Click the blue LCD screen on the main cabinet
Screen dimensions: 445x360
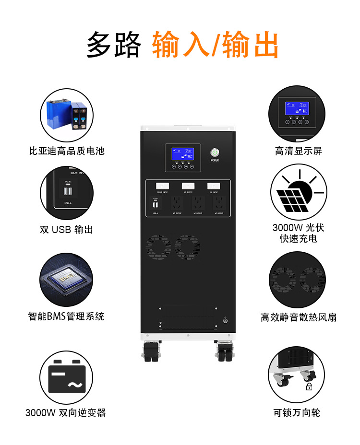(x=183, y=154)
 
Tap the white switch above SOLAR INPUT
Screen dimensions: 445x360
(x=162, y=186)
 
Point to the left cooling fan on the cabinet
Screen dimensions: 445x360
(x=158, y=247)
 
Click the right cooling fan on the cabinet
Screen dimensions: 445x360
(x=188, y=247)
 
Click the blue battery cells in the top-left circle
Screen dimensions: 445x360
(x=67, y=115)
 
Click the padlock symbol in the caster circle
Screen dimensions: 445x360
(x=309, y=386)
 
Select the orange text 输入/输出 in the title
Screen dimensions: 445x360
(x=216, y=46)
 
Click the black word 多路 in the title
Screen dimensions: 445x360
(x=114, y=46)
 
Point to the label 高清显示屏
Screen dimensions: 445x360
(x=298, y=151)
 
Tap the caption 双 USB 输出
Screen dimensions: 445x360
(x=66, y=230)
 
